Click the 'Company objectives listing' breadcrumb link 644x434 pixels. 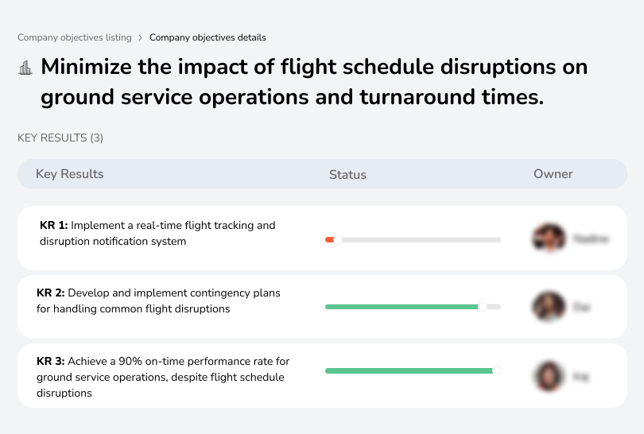point(74,37)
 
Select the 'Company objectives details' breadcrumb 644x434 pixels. point(208,37)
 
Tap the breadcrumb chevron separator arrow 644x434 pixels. point(141,37)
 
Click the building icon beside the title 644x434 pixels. point(25,68)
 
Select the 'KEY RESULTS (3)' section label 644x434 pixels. point(60,138)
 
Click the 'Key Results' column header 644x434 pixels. point(70,174)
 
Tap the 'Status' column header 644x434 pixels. point(347,175)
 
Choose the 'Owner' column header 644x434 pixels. point(553,174)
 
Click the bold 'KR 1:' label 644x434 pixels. point(53,226)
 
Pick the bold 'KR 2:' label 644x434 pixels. point(51,293)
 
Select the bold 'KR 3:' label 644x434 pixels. point(51,361)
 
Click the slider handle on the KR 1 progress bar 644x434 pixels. point(338,239)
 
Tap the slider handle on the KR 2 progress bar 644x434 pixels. point(482,307)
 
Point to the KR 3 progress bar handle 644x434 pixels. point(497,370)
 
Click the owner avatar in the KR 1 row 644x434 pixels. point(549,238)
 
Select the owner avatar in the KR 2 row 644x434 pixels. point(549,307)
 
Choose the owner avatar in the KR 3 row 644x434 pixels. point(549,376)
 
